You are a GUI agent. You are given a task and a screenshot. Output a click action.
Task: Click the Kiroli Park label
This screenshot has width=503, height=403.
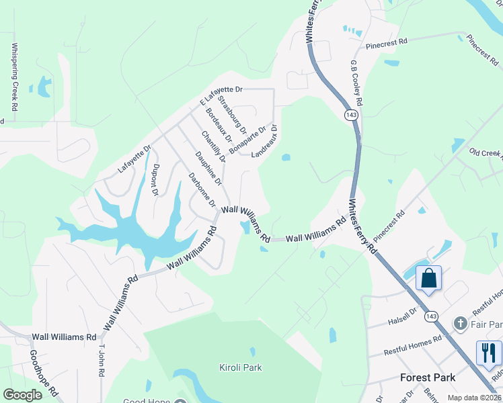pos(240,367)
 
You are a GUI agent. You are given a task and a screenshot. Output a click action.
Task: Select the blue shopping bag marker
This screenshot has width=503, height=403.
pos(428,278)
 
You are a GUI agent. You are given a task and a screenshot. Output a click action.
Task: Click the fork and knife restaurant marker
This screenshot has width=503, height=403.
pos(489,352)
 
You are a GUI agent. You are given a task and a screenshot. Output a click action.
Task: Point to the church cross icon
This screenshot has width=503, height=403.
pos(460,323)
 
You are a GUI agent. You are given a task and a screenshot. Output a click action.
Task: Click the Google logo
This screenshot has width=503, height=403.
pos(22,395)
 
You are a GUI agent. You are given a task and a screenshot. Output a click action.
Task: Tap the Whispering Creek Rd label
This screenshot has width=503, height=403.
pos(14,77)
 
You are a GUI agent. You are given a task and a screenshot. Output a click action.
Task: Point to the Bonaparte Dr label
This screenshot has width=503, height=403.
pos(247,138)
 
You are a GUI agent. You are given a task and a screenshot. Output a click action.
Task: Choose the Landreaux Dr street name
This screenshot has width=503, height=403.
pos(265,140)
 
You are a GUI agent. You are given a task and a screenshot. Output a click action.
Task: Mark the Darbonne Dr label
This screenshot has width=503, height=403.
pos(201,190)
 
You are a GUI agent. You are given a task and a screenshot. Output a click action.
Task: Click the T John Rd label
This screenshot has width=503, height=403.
pos(103,363)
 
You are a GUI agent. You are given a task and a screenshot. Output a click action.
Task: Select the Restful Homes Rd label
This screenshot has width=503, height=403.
pos(412,346)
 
